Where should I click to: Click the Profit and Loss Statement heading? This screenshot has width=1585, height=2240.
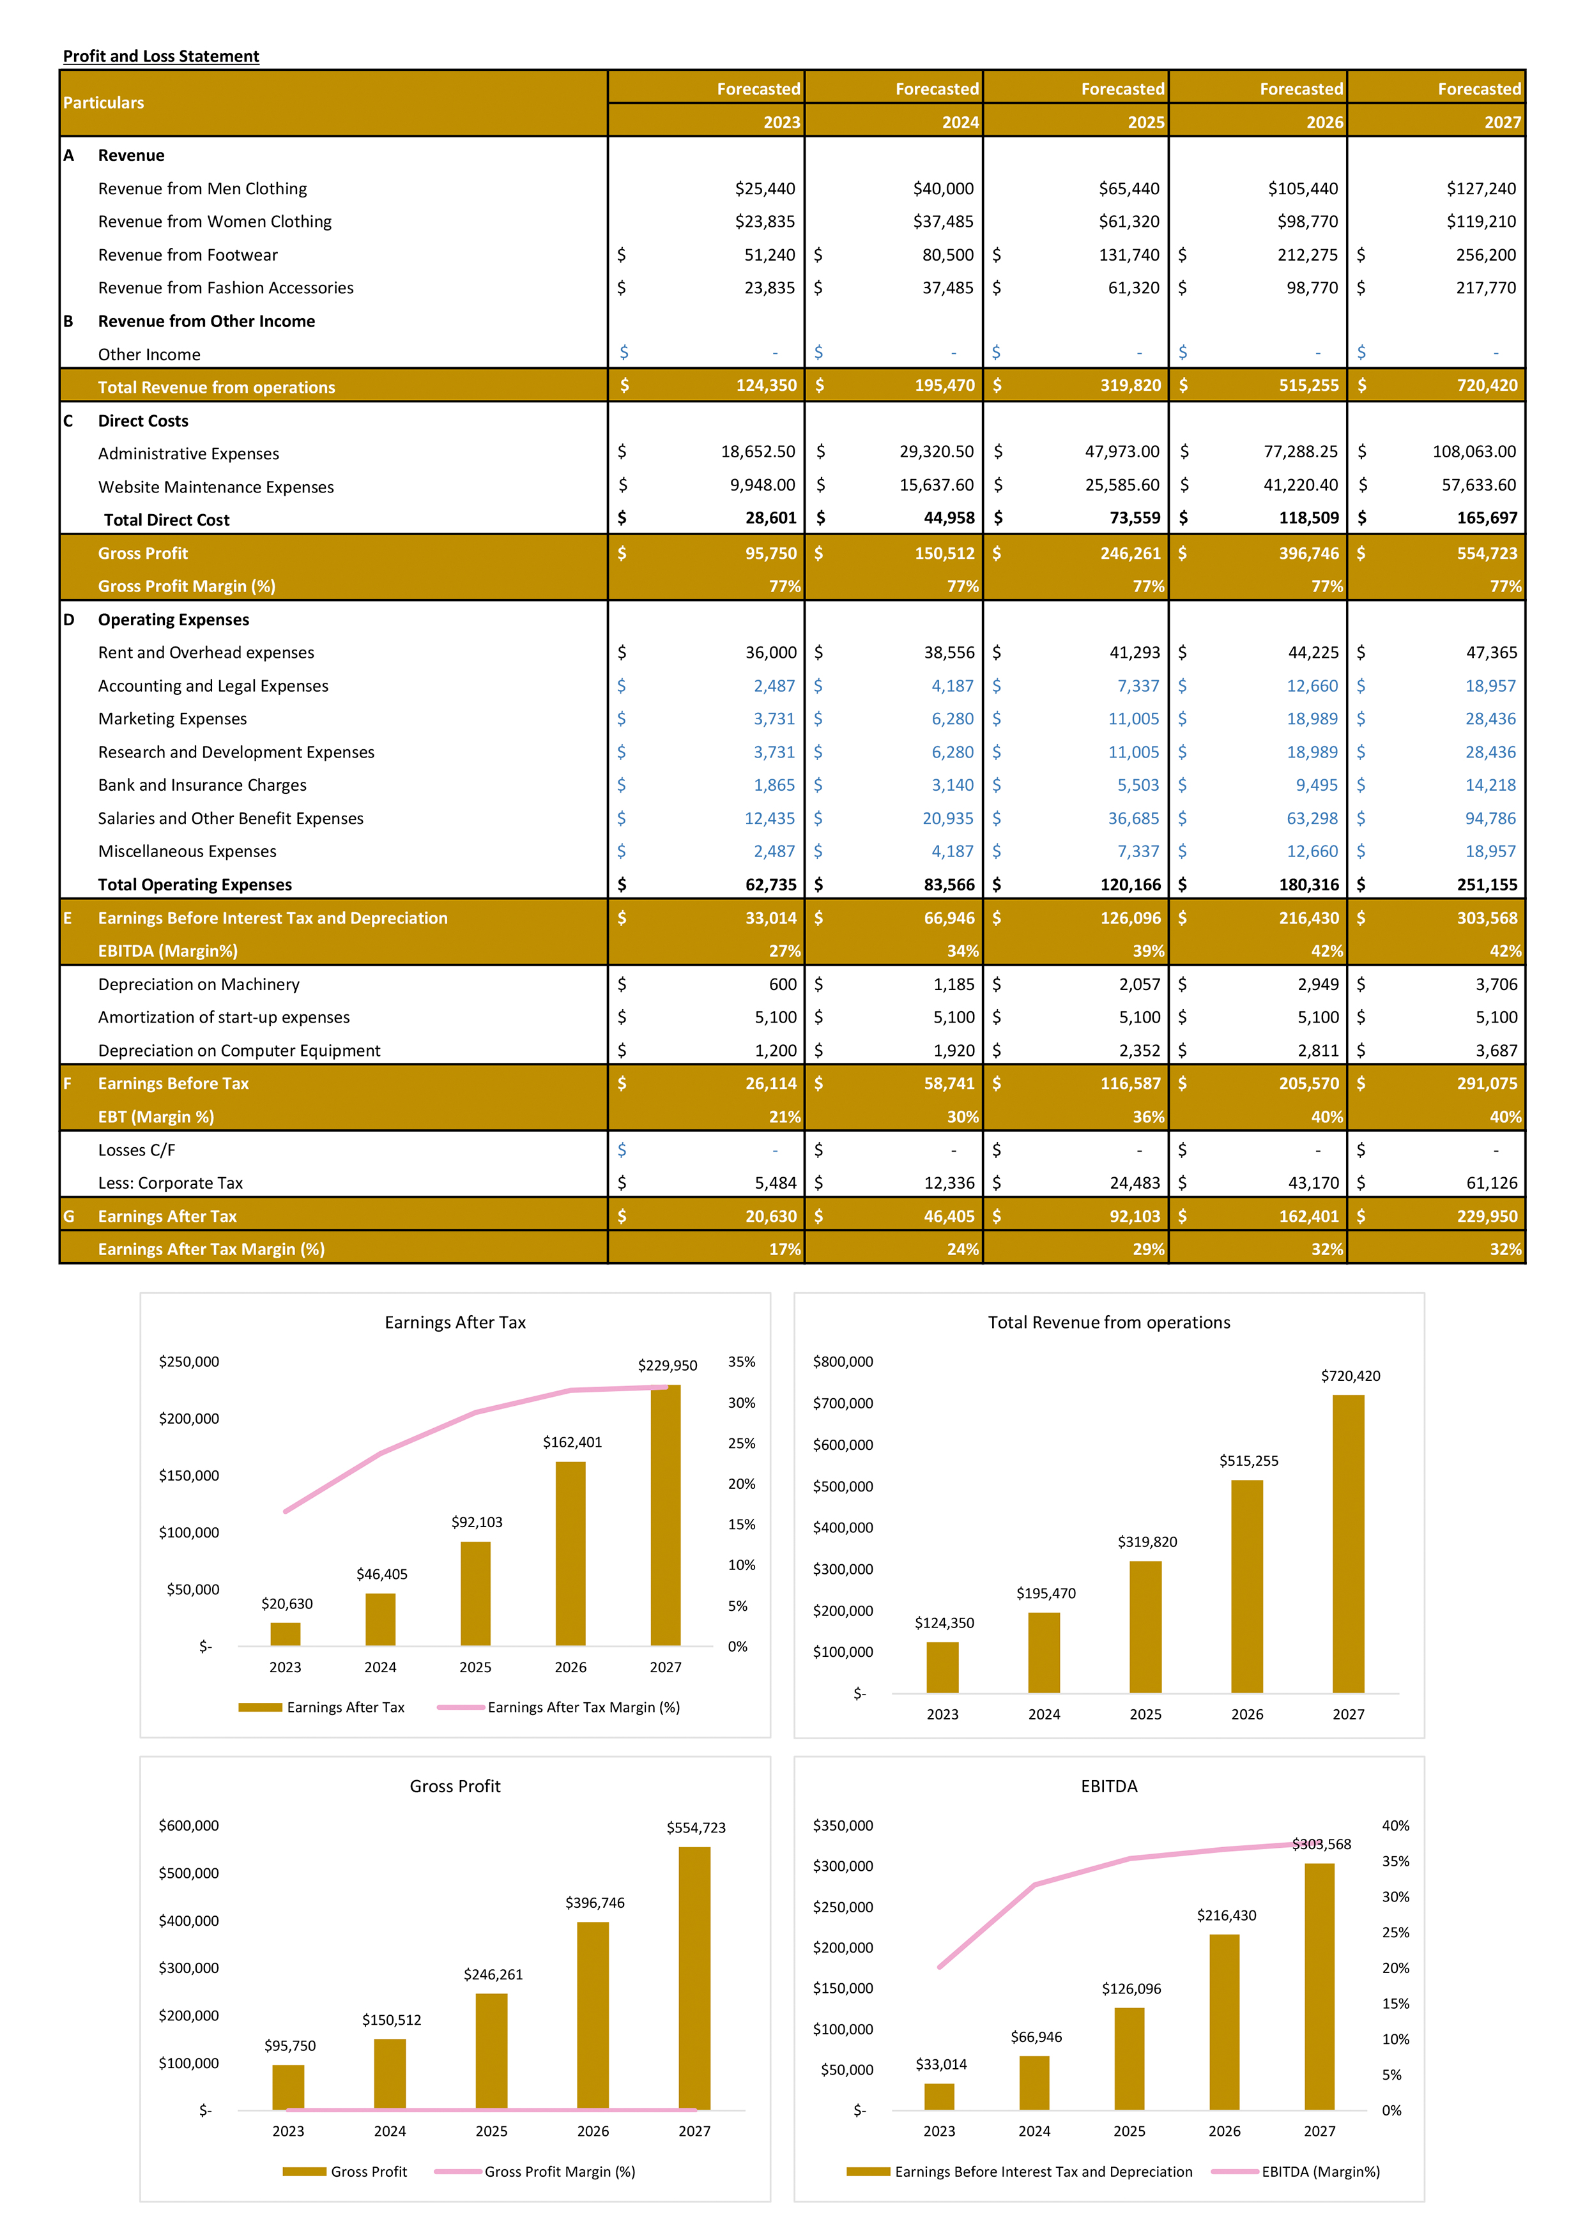coord(161,57)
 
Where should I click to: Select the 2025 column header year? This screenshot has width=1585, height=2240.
coord(1146,122)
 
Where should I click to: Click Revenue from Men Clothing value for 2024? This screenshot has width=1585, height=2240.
coord(943,188)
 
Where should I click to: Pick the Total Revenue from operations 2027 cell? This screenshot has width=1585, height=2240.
coord(1487,385)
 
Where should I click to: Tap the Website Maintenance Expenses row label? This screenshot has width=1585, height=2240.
coord(216,487)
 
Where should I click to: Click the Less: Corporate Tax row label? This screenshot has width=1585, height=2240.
coord(170,1184)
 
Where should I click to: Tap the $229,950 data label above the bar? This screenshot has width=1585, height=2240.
coord(668,1366)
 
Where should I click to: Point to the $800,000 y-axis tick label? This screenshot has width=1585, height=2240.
coord(843,1362)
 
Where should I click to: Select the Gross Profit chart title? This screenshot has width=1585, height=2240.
coord(455,1787)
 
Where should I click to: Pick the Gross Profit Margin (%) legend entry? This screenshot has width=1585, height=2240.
coord(559,2172)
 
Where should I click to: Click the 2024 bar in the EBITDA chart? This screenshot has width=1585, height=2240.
coord(1034,2083)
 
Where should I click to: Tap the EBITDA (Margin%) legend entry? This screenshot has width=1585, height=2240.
coord(1319,2172)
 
